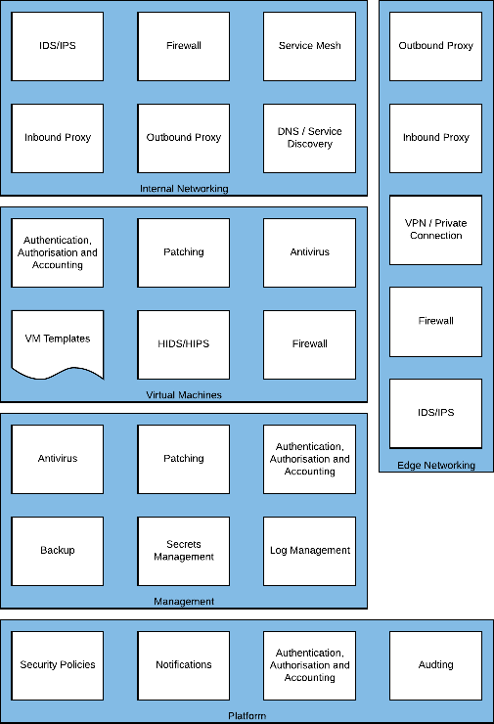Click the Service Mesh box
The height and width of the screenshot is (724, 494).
309,46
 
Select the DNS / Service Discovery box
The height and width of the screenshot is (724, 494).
309,138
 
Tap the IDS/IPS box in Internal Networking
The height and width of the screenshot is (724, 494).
58,46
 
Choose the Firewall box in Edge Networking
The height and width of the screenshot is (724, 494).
435,321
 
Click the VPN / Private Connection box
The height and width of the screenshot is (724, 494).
435,230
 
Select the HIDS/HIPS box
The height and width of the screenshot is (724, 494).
184,343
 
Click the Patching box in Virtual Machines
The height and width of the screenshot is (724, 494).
184,252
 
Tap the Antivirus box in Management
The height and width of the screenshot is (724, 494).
58,459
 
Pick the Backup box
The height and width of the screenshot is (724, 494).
58,551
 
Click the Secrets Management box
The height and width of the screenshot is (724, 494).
184,551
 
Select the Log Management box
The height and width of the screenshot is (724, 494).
309,551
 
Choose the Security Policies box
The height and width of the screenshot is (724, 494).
58,665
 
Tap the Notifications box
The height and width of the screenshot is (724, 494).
184,665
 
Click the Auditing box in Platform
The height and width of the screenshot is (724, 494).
435,665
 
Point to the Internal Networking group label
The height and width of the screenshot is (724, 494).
184,189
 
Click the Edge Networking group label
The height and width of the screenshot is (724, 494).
435,466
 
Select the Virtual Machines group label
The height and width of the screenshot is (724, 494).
184,395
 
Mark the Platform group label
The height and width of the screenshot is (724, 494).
247,716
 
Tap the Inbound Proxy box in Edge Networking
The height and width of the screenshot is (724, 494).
435,138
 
